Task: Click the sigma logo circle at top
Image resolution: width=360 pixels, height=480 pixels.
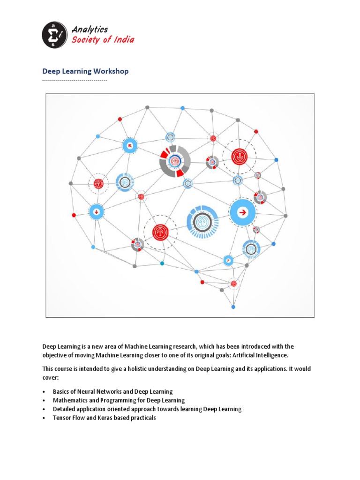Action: coord(55,35)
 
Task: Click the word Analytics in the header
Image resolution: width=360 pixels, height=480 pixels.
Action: coord(90,30)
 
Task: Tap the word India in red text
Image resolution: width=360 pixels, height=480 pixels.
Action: coord(124,40)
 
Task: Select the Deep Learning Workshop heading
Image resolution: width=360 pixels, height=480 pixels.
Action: coord(85,71)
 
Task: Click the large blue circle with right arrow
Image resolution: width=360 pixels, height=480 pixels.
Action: coord(243,212)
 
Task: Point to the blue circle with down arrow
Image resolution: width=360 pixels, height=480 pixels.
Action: coord(97,211)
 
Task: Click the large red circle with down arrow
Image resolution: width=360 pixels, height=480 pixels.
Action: coord(239,157)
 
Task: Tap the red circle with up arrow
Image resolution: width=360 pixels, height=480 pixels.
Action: coord(160,231)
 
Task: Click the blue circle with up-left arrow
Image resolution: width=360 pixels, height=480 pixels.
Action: coord(130,146)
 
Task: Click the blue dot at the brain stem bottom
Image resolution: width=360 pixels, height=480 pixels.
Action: coord(233,307)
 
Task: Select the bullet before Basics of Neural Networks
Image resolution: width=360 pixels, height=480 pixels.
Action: coord(44,391)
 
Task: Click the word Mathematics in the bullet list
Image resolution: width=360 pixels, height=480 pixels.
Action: coord(70,400)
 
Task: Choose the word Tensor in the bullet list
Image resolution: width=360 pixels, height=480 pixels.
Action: coord(61,418)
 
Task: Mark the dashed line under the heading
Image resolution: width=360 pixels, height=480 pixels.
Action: coord(75,81)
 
